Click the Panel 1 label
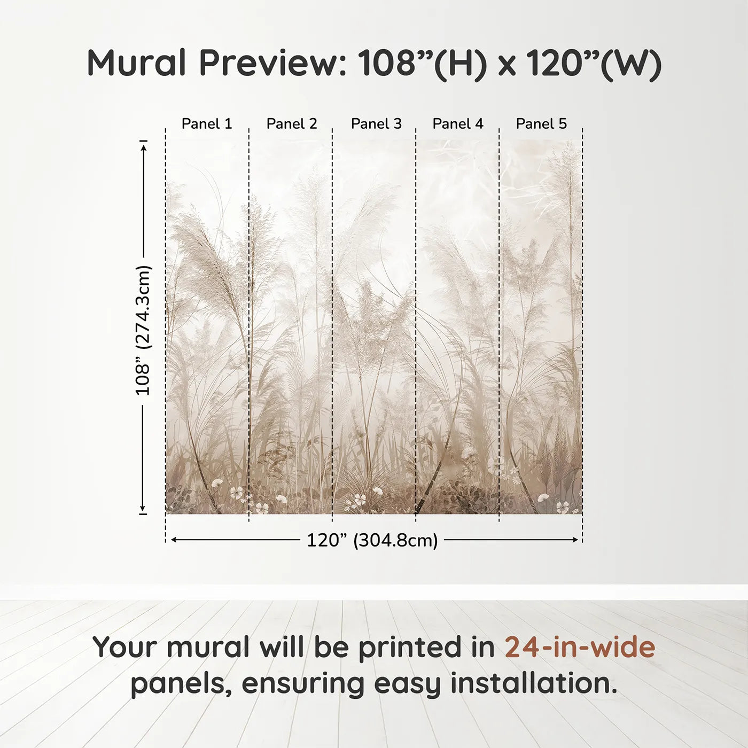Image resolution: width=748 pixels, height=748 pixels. [x=207, y=124]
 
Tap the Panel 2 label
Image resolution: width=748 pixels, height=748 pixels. [x=292, y=124]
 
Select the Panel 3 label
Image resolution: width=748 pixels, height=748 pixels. [x=376, y=124]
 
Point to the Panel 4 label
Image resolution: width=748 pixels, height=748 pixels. [x=458, y=124]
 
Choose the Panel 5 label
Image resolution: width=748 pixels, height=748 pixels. [x=541, y=124]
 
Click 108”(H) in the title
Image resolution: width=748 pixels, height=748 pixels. [x=422, y=63]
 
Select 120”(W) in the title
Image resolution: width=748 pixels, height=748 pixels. [x=594, y=63]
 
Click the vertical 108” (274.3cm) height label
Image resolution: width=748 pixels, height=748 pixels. [x=143, y=330]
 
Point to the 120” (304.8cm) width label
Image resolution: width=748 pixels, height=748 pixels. [x=372, y=540]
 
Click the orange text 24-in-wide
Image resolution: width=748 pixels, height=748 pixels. [x=580, y=647]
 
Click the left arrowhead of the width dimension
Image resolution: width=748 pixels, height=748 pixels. [x=174, y=540]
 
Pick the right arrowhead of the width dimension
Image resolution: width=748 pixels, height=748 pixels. [x=575, y=540]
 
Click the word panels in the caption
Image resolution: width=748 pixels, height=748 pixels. [x=181, y=683]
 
